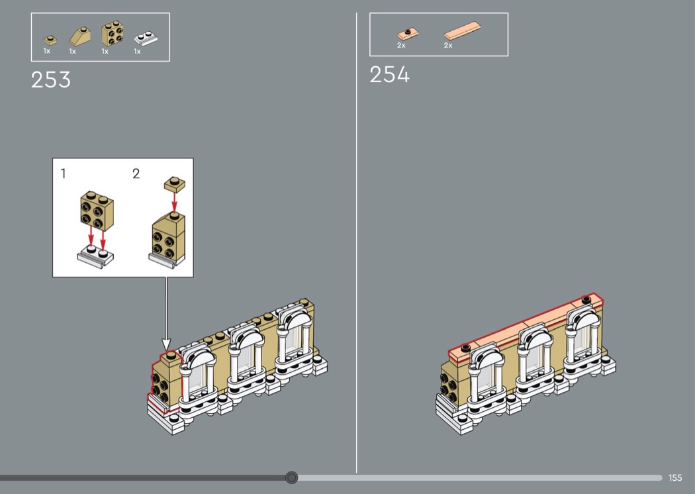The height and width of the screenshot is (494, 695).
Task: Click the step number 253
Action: click(50, 80)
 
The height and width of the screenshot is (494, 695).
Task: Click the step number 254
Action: click(390, 75)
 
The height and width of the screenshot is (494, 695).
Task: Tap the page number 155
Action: click(675, 477)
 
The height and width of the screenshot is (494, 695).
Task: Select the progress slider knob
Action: click(292, 477)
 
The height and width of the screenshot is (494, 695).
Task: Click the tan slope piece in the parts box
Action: click(80, 36)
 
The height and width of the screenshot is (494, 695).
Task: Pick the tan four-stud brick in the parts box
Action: click(112, 34)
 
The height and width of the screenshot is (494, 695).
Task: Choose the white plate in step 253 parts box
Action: click(146, 38)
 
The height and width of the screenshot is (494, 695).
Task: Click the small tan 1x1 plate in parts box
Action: click(50, 40)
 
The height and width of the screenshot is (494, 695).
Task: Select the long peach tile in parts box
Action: click(463, 31)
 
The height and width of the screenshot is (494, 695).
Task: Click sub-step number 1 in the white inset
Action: click(64, 173)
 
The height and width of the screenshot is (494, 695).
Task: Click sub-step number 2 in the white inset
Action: click(136, 173)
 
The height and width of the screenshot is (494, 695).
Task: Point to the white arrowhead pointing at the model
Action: click(166, 344)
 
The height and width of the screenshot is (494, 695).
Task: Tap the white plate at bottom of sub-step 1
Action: click(95, 256)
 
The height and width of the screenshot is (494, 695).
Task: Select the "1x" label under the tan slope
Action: click(72, 52)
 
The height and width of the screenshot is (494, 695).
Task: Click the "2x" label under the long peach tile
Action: click(448, 45)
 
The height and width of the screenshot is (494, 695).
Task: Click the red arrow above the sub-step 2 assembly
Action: click(175, 202)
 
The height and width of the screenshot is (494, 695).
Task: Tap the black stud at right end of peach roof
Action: click(586, 300)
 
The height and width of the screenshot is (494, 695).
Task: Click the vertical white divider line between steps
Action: click(356, 243)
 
